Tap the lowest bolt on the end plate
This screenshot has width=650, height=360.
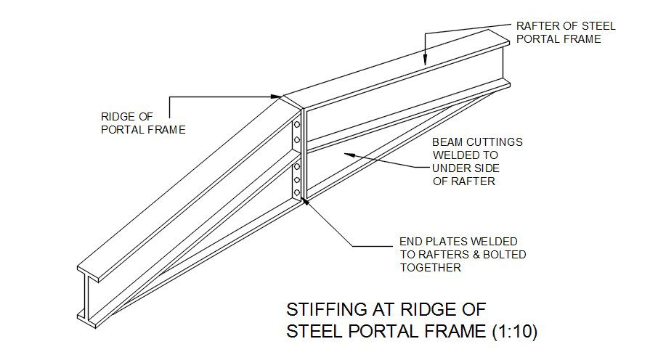(296, 192)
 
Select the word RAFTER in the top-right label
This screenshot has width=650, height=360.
(535, 26)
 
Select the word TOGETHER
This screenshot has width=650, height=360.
(431, 268)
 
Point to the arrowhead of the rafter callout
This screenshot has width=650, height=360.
(425, 63)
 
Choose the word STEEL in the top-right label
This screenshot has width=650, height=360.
(600, 26)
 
